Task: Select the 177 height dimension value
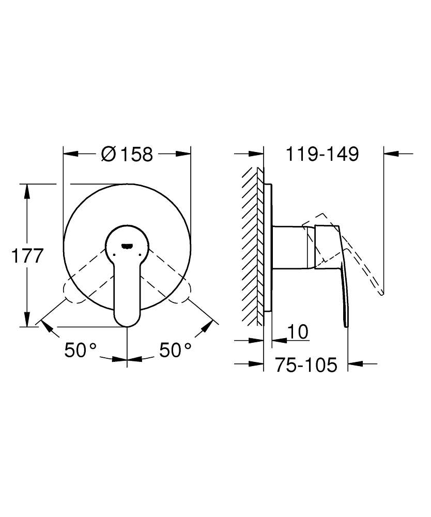point(27,256)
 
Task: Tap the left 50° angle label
point(81,350)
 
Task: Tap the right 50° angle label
point(175,350)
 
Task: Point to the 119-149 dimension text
point(322,154)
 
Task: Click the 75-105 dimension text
point(306,364)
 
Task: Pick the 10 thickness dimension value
point(298,331)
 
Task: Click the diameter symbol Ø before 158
point(109,154)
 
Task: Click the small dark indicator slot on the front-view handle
point(127,245)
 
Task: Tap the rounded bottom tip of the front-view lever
point(127,325)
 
